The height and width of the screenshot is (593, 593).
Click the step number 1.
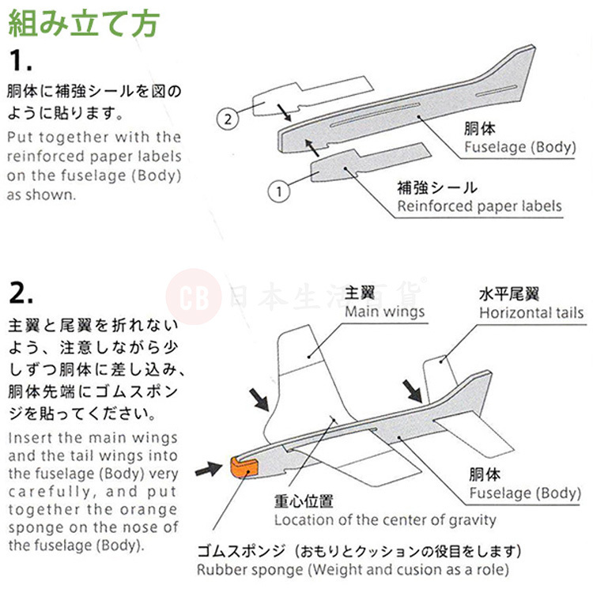(23, 62)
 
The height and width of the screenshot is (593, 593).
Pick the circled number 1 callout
(278, 191)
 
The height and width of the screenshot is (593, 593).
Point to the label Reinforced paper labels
(479, 206)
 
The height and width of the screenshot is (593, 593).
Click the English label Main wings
(384, 311)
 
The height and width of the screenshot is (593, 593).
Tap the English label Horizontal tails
(531, 312)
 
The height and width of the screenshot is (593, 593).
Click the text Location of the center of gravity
(385, 520)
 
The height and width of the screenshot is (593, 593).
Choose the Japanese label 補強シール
(437, 188)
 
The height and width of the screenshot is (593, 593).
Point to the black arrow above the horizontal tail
(413, 390)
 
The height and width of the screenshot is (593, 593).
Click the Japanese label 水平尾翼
(508, 294)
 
